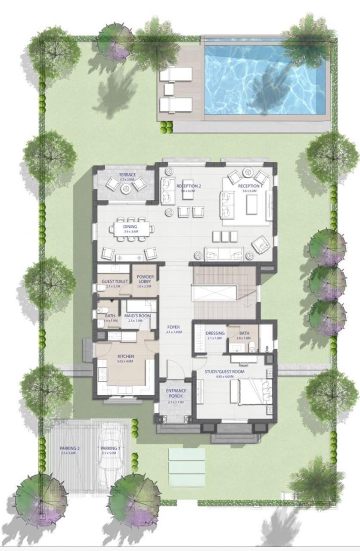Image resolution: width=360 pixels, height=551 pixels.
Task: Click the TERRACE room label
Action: pyautogui.click(x=127, y=174)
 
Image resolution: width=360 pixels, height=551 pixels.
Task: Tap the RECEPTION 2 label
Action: pyautogui.click(x=188, y=186)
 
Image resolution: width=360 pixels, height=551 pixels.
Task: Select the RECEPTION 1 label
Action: pyautogui.click(x=250, y=186)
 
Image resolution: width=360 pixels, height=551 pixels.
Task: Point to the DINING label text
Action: pyautogui.click(x=130, y=226)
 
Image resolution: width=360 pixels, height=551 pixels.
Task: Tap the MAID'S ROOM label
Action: pyautogui.click(x=137, y=316)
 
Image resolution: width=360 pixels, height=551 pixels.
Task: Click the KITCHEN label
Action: pyautogui.click(x=125, y=356)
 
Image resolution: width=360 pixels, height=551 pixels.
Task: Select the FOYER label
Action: pyautogui.click(x=174, y=327)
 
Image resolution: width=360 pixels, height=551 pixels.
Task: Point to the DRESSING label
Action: pyautogui.click(x=215, y=333)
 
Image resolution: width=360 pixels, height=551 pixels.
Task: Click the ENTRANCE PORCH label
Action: pyautogui.click(x=175, y=393)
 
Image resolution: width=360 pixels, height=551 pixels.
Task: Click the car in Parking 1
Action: pyautogui.click(x=111, y=456)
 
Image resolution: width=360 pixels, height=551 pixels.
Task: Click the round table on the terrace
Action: pyautogui.click(x=126, y=188)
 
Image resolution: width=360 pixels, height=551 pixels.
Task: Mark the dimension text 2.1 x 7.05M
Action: pyautogui.click(x=174, y=332)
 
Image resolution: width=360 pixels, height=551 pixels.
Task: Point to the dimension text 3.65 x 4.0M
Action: pyautogui.click(x=125, y=362)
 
